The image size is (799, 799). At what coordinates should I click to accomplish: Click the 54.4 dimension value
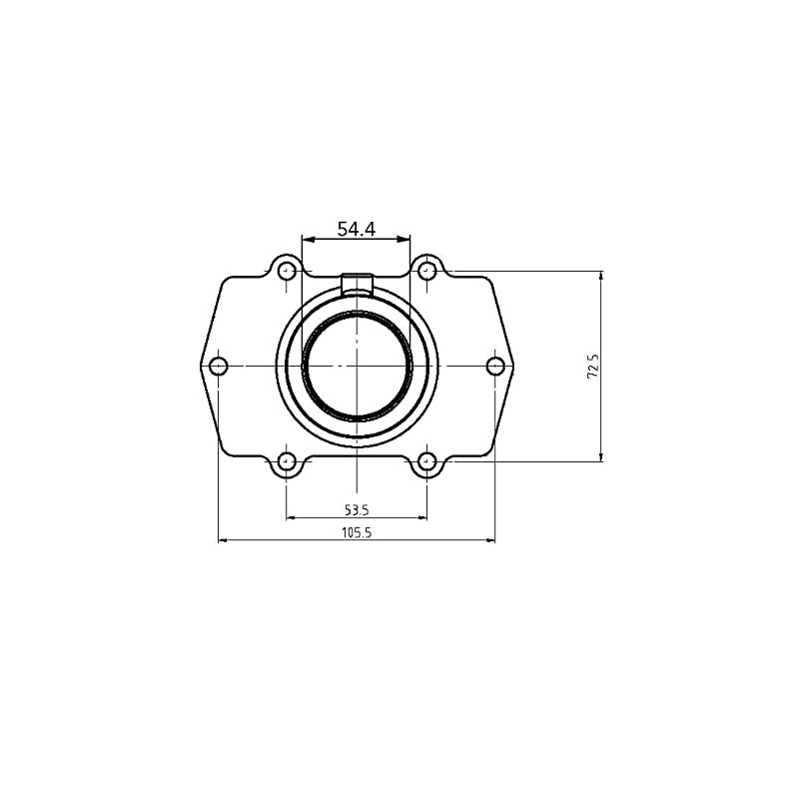click(356, 229)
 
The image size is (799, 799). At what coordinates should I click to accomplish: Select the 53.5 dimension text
click(357, 508)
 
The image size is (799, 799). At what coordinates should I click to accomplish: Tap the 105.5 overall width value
click(357, 532)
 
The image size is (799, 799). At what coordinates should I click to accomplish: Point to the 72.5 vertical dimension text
click(592, 367)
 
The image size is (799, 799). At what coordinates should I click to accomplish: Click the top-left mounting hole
click(287, 270)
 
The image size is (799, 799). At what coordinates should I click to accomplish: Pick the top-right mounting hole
click(426, 270)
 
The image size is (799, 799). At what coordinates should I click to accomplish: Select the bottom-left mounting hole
click(287, 461)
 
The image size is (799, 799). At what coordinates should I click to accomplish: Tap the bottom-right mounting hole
click(426, 461)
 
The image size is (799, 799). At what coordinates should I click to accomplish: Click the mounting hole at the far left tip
click(219, 366)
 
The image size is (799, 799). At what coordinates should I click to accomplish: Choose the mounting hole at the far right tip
click(495, 366)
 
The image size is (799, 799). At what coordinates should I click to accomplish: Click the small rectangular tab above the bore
click(357, 284)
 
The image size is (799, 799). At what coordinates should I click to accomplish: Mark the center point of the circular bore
click(357, 366)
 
